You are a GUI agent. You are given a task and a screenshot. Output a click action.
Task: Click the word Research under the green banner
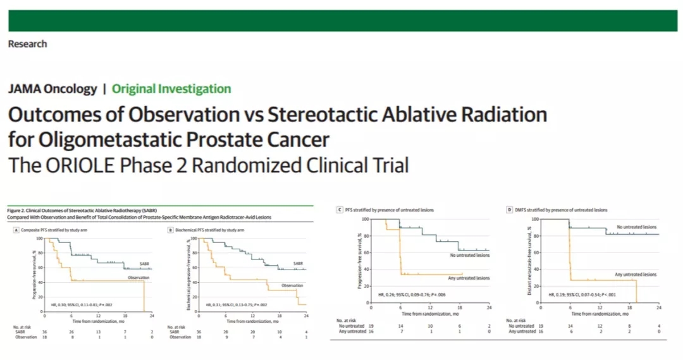[x=27, y=44]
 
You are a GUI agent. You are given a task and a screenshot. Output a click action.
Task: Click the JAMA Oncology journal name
[x=52, y=89]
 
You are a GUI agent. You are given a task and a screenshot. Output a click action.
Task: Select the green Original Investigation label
[x=171, y=89]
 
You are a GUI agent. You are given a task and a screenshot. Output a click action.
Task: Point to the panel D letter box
[x=510, y=209]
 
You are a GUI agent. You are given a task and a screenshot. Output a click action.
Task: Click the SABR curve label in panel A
[x=145, y=264]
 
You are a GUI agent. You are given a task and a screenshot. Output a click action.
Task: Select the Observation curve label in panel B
[x=292, y=285]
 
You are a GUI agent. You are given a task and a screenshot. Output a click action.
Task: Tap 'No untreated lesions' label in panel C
[x=469, y=256]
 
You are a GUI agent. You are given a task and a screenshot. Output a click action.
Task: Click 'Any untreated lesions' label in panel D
[x=636, y=275]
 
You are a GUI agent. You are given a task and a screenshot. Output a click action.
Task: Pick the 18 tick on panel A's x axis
[x=125, y=314]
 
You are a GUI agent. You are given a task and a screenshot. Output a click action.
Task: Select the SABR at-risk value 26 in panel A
[x=71, y=332]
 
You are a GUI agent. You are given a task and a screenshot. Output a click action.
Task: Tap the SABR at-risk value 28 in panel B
[x=225, y=332]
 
